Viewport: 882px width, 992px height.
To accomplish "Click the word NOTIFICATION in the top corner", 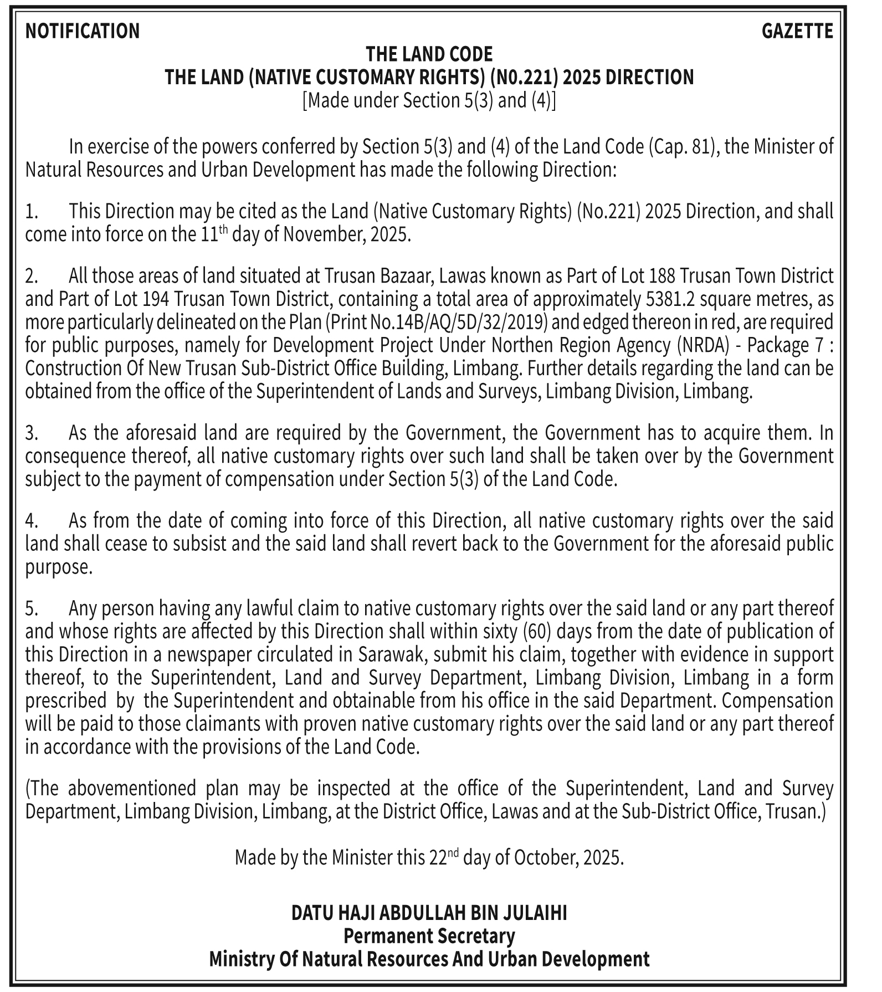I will click(x=83, y=30).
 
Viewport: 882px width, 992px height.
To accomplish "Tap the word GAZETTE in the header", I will click(x=797, y=30).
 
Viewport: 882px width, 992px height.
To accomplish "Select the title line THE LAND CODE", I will click(x=429, y=54).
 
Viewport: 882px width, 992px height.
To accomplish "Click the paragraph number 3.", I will click(x=30, y=433).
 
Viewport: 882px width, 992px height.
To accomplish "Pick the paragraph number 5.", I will click(x=31, y=609).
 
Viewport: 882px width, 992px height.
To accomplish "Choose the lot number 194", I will click(x=156, y=299).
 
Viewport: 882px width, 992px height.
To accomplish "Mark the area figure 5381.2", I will click(x=666, y=299).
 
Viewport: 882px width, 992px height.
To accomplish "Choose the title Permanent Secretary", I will click(x=429, y=936).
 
